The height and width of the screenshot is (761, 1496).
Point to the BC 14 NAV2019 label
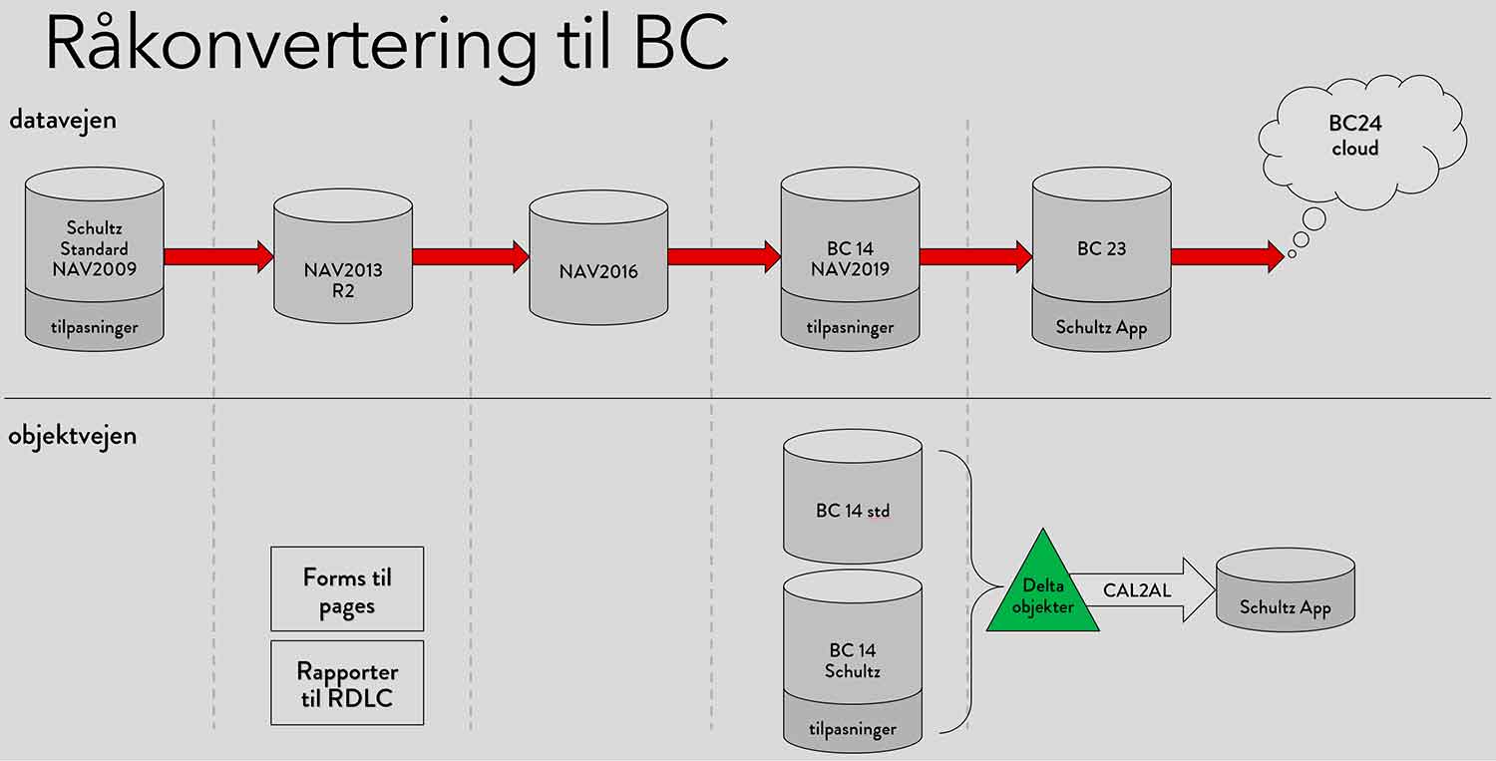pos(850,258)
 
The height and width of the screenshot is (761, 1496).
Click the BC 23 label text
pos(1101,249)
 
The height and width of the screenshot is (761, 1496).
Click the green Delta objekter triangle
pos(1042,593)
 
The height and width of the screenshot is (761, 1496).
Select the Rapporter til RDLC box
pos(347,682)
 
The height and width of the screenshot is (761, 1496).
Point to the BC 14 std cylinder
pos(852,504)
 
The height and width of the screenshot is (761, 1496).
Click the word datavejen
pos(63,120)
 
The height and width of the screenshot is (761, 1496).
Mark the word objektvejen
pos(73,436)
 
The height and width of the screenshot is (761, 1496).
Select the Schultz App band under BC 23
pos(1101,326)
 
